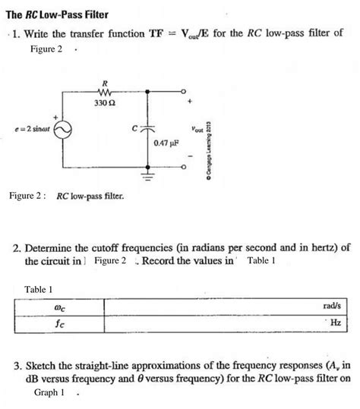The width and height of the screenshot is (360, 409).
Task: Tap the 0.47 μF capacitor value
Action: coord(165,143)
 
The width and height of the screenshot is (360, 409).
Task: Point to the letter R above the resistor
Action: coord(104,81)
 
